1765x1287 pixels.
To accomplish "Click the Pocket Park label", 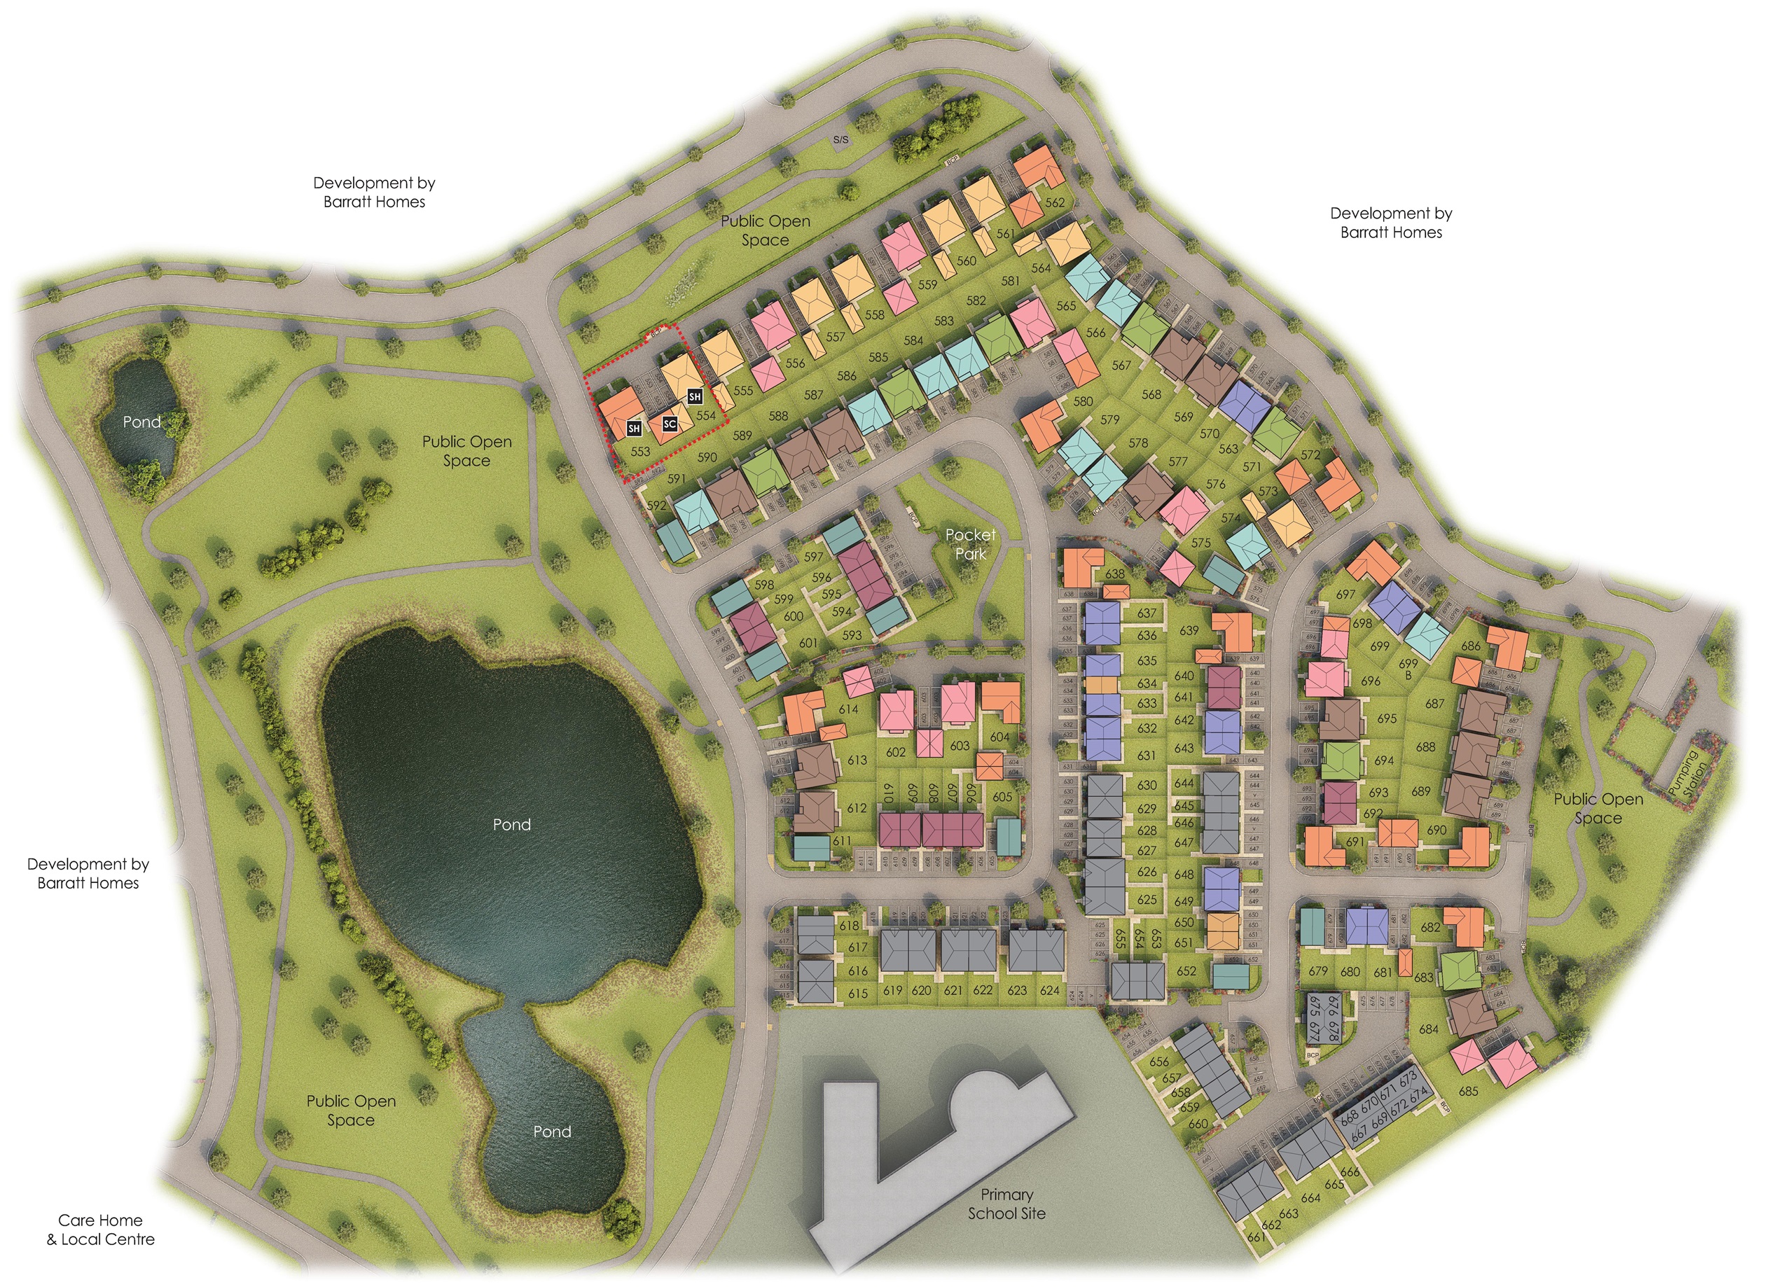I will click(x=970, y=544).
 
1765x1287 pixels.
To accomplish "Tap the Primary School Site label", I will click(x=1006, y=1204).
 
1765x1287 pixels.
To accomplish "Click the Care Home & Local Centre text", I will click(x=101, y=1230).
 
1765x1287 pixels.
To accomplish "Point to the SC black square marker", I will click(x=670, y=424).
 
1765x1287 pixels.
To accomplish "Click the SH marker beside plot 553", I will click(x=635, y=429).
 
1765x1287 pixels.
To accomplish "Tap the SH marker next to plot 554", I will click(x=694, y=397).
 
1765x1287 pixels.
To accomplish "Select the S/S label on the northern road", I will click(x=840, y=140).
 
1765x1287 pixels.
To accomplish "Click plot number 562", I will click(x=1055, y=202).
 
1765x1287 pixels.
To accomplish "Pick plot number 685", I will click(x=1468, y=1092).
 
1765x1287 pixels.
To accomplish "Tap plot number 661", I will click(x=1255, y=1237).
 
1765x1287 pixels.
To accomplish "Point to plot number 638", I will click(x=1115, y=574).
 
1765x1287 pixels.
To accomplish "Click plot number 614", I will click(x=847, y=709).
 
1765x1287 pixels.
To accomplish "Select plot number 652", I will click(x=1186, y=971).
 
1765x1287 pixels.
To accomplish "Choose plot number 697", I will click(x=1345, y=594).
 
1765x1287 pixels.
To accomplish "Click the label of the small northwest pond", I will click(x=141, y=422).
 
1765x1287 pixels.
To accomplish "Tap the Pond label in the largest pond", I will click(x=512, y=824).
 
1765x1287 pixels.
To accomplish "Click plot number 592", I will click(x=657, y=505).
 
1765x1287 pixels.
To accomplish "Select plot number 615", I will click(x=858, y=994).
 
